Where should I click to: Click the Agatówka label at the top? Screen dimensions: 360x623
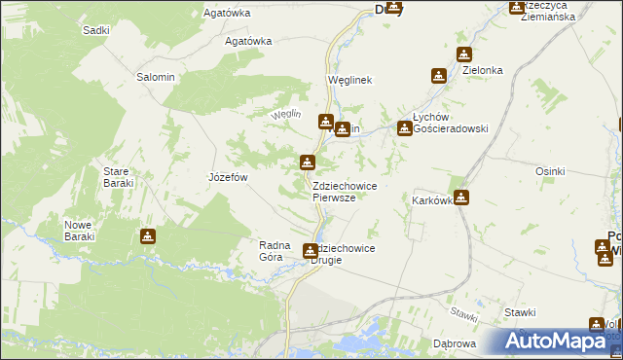point(227,13)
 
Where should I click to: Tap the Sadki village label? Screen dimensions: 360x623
point(95,30)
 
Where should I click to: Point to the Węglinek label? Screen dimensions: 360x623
point(350,81)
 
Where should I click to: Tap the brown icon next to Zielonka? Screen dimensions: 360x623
point(439,75)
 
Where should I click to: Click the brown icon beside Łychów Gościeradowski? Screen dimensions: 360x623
point(404,127)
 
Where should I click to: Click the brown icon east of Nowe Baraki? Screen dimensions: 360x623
point(147,235)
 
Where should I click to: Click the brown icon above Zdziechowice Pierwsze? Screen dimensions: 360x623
point(308,162)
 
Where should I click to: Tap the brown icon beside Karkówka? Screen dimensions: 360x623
point(461,198)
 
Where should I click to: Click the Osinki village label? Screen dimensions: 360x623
point(550,171)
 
